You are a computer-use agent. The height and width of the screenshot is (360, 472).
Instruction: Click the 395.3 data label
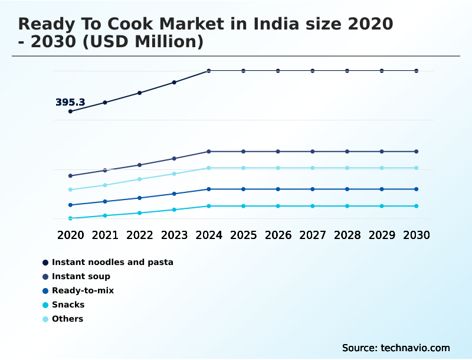(x=70, y=102)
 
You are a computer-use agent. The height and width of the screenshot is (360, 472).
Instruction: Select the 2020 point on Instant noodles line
(x=70, y=111)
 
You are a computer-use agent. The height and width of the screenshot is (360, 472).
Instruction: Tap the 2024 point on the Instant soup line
(x=209, y=152)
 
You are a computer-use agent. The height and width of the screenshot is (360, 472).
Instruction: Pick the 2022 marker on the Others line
(x=140, y=179)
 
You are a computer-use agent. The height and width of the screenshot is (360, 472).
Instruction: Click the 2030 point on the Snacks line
(x=417, y=206)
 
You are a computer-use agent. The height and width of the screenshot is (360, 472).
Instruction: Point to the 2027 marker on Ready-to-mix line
(x=313, y=189)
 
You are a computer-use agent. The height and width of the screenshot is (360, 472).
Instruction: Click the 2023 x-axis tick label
(x=174, y=235)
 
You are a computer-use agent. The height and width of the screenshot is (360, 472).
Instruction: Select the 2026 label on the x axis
(x=278, y=235)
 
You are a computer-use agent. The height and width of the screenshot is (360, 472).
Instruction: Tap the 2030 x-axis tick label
(x=417, y=235)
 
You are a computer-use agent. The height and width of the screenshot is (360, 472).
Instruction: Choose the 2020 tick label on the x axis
(x=70, y=235)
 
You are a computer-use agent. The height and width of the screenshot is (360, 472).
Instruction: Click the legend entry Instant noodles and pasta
(x=112, y=262)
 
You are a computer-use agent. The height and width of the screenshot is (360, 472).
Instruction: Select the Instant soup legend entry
(x=81, y=276)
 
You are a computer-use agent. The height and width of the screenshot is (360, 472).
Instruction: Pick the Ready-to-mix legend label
(x=83, y=290)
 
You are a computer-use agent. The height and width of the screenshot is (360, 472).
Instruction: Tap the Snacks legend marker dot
(x=45, y=305)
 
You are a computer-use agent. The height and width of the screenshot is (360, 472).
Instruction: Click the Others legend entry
(x=67, y=319)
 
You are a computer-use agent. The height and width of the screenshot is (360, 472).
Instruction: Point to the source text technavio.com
(x=396, y=348)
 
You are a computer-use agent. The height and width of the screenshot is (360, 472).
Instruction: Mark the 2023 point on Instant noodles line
(x=174, y=82)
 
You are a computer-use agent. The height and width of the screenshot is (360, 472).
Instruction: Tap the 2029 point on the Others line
(x=382, y=168)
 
